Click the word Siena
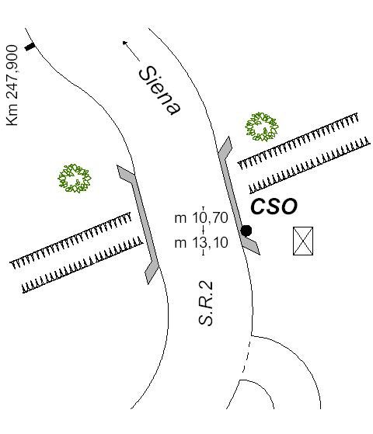(160, 90)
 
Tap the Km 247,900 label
(12, 85)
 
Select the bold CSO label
(274, 207)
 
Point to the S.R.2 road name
(206, 304)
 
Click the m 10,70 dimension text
(201, 218)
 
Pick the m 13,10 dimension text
(201, 243)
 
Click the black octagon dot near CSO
(246, 231)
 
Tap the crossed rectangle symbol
(303, 241)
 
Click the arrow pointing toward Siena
(131, 51)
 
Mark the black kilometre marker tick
(30, 47)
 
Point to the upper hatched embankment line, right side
(298, 141)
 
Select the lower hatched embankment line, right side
(310, 165)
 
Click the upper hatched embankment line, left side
(71, 241)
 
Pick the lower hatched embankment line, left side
(82, 265)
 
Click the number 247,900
(12, 73)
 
